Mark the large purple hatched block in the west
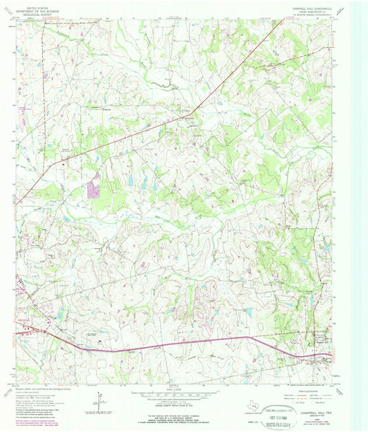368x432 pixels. click(x=93, y=186)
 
